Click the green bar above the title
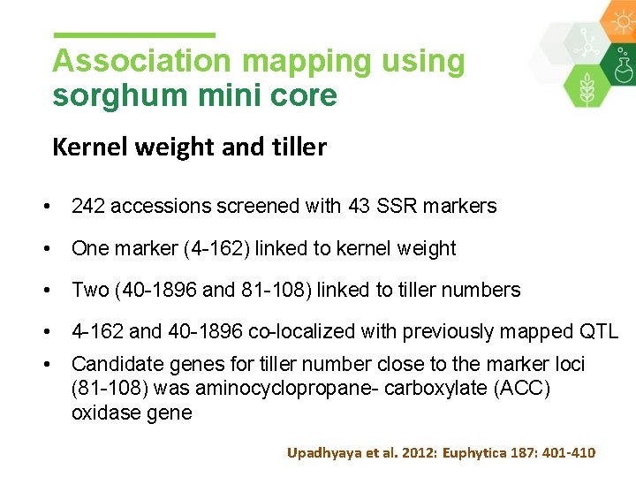pyautogui.click(x=134, y=35)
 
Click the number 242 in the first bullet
pyautogui.click(x=88, y=206)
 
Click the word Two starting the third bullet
pyautogui.click(x=88, y=290)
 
